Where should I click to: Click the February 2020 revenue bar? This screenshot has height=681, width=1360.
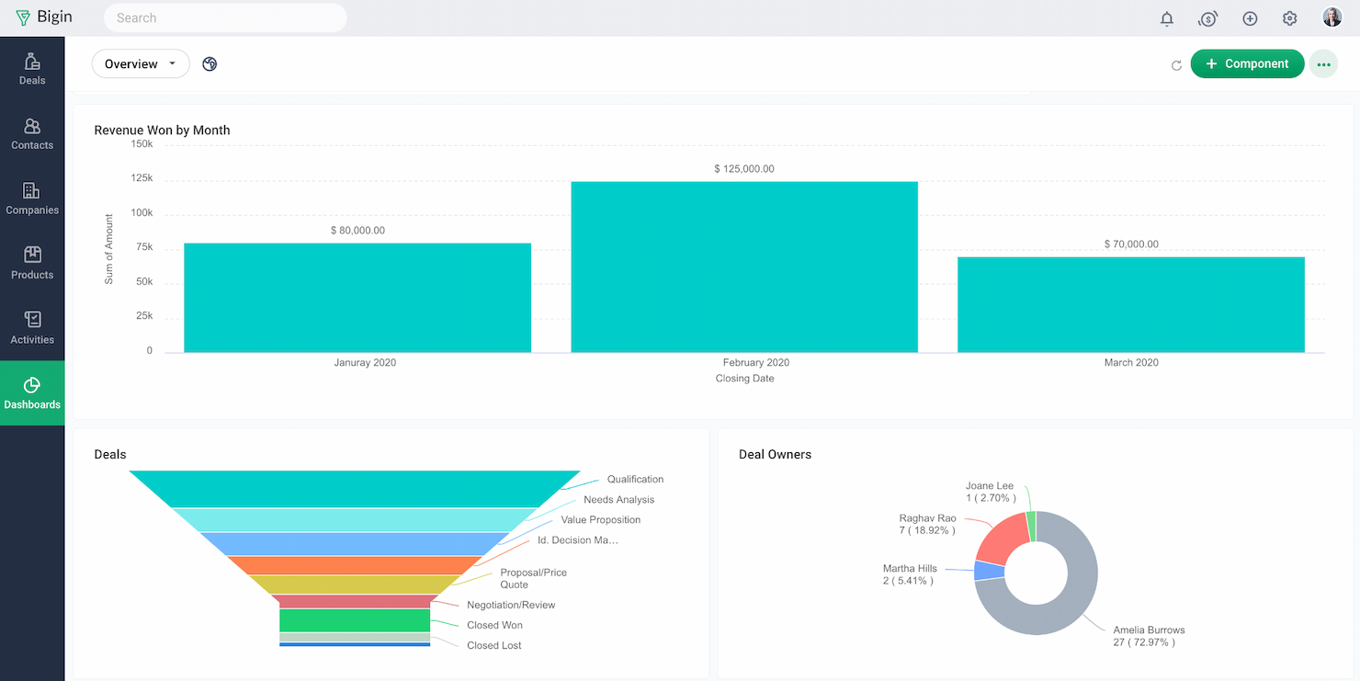(744, 267)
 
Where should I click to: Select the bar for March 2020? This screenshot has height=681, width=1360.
(1130, 304)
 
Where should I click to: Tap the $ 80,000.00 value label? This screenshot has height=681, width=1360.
(357, 231)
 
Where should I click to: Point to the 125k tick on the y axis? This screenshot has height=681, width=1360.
(142, 178)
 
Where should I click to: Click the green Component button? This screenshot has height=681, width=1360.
(1247, 63)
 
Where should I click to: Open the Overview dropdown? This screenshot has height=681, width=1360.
(141, 64)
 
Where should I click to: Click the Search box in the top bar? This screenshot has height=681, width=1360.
(225, 17)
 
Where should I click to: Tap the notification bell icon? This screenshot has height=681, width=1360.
(1167, 18)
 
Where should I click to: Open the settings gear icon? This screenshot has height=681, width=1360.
(1289, 18)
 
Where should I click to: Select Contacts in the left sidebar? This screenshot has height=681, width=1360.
(32, 134)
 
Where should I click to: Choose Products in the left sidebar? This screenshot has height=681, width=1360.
(32, 264)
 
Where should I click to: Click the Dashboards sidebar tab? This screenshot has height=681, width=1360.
(32, 393)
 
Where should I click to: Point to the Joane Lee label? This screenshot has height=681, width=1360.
(990, 486)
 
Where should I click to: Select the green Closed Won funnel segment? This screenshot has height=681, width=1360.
(355, 620)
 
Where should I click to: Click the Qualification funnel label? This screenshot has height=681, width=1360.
(635, 479)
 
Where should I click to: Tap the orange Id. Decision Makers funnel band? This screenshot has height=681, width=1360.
(355, 565)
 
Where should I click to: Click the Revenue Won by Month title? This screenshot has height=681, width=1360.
(162, 131)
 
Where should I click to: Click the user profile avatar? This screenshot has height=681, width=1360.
(1332, 17)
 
